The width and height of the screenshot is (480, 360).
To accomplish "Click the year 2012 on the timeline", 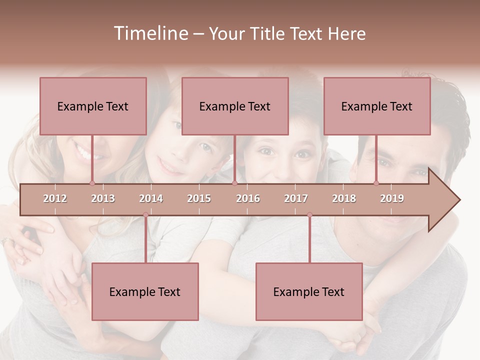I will (x=55, y=198).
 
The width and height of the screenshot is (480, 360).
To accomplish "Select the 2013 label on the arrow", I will (x=103, y=198).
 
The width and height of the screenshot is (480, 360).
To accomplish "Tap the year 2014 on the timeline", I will (x=151, y=198).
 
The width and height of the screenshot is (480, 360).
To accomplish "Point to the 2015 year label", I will (x=199, y=198).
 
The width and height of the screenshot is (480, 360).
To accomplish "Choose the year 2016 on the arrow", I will (x=248, y=198).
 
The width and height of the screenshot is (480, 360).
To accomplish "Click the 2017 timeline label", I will (x=296, y=198).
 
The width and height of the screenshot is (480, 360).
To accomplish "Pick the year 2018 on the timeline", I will (x=344, y=198).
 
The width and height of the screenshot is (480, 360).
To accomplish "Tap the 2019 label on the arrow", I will (x=392, y=198).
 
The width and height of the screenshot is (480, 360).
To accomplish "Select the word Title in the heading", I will (x=269, y=33).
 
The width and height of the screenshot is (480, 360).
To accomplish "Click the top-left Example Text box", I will (x=93, y=106).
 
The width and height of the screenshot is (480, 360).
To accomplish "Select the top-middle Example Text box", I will (x=235, y=106).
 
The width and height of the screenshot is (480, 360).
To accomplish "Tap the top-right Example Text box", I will (x=377, y=106).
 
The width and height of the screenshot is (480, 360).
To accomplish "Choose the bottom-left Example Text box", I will (x=145, y=291).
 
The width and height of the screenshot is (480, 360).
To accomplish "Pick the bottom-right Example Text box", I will (x=309, y=291).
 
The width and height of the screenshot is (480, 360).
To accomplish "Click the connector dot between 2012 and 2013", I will (x=92, y=183).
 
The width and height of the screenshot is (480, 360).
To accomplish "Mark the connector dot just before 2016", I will (x=234, y=183).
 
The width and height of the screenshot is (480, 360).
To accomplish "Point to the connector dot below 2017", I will (x=309, y=215).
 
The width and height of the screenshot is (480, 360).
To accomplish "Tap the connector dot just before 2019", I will (x=376, y=183).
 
